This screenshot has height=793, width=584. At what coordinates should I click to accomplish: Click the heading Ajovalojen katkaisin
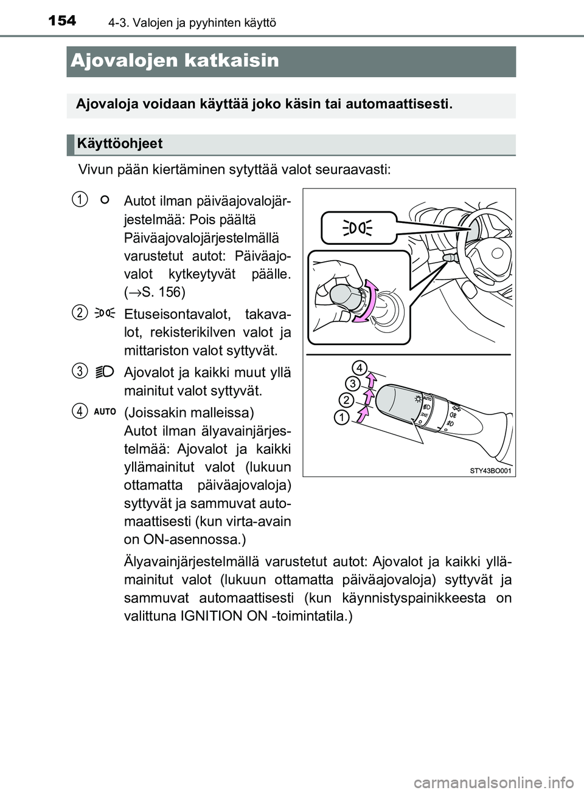click(175, 61)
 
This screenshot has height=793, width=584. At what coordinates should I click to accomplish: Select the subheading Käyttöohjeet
click(120, 144)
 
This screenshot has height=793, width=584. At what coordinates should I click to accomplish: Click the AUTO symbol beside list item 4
click(105, 412)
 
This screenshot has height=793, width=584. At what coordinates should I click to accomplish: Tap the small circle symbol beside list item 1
click(104, 199)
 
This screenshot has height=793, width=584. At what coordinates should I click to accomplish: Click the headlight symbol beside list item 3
click(105, 371)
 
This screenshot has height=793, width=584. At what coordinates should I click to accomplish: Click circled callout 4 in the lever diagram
click(360, 368)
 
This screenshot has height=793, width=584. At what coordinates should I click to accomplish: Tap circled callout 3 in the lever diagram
click(352, 383)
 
